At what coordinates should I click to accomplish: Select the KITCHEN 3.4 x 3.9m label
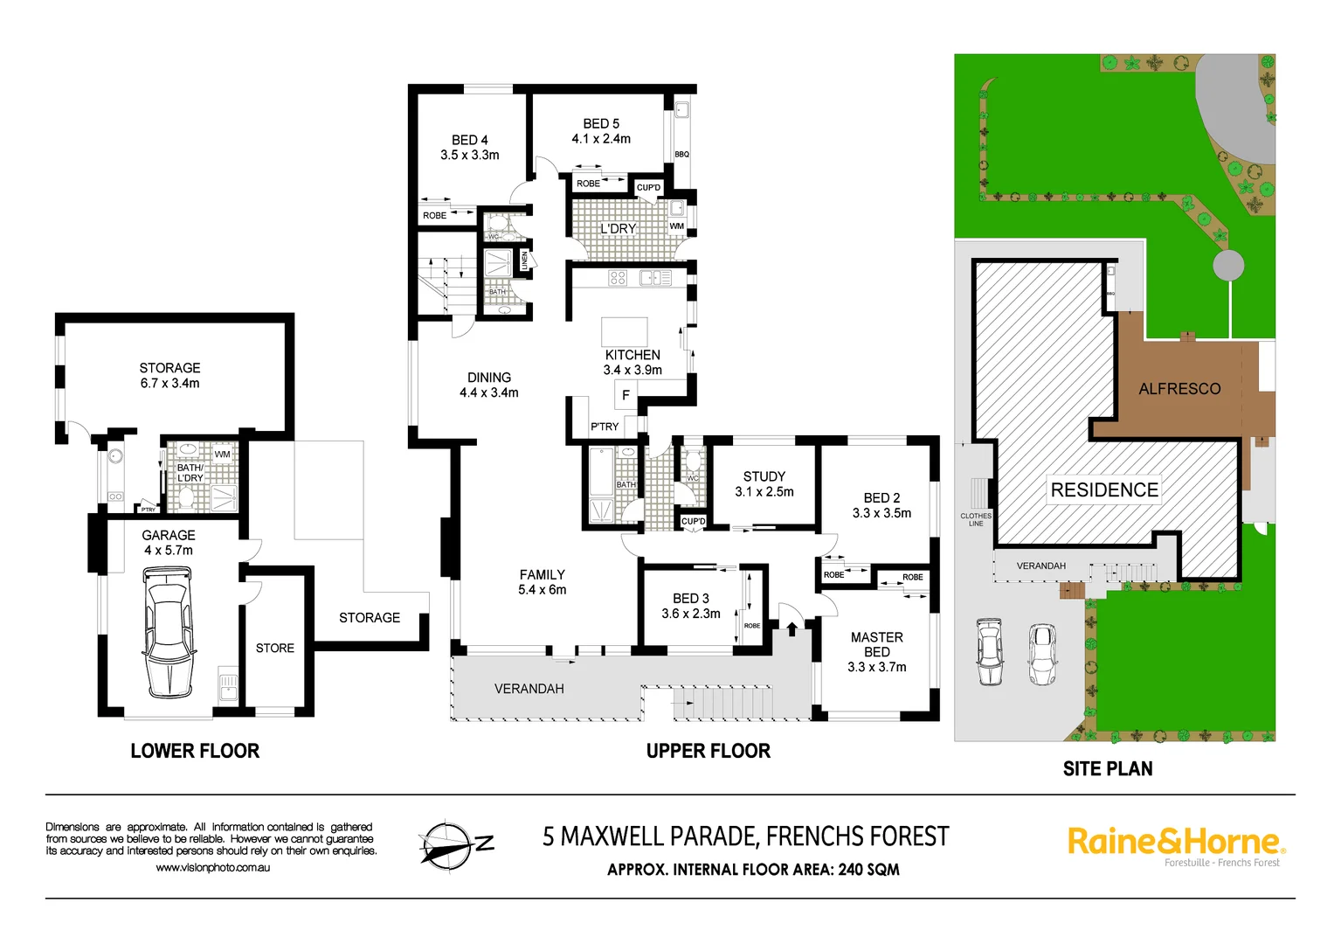point(632,362)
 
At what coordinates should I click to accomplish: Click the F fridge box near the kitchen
point(626,395)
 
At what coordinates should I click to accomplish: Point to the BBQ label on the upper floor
point(681,155)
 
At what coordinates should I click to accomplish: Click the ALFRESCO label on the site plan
point(1179,389)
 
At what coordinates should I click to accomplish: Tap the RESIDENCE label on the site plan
point(1104,490)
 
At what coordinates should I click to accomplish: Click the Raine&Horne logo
point(1175,843)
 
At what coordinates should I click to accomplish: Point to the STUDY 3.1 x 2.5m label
point(764,483)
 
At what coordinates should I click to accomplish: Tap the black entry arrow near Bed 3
point(792,628)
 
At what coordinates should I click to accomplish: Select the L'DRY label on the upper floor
point(618,228)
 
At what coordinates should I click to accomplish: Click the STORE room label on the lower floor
point(275,648)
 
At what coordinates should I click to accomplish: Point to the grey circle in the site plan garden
point(1227,265)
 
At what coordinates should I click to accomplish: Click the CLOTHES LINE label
point(976,519)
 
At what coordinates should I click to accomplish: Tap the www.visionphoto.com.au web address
point(213,867)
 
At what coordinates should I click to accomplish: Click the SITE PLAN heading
point(1107,769)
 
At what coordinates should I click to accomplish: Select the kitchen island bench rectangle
point(624,331)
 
